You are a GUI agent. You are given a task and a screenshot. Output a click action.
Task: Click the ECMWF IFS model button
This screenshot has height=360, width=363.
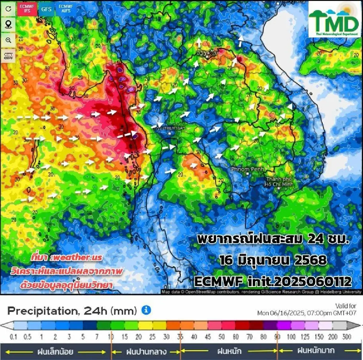(x=27, y=8)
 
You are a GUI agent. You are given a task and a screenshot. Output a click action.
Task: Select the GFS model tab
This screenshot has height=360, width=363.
(x=46, y=9)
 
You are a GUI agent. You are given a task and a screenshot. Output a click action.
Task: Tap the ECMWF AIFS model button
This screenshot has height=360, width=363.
(x=66, y=8)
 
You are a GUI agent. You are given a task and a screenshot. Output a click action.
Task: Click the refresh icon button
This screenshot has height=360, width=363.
(x=8, y=8)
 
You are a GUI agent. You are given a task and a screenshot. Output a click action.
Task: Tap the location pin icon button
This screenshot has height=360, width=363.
(x=8, y=24)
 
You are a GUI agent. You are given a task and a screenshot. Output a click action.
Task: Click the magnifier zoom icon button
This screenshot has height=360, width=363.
(x=8, y=40)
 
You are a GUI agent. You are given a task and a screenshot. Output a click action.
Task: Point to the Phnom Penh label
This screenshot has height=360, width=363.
(x=247, y=169)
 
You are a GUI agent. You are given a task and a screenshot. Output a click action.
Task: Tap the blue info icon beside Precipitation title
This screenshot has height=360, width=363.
(x=146, y=310)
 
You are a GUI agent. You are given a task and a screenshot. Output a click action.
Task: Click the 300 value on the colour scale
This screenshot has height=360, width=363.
(x=347, y=336)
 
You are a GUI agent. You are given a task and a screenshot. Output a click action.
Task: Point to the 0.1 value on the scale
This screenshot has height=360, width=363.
(x=13, y=336)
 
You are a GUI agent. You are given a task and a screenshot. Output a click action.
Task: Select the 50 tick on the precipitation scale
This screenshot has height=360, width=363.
(x=222, y=336)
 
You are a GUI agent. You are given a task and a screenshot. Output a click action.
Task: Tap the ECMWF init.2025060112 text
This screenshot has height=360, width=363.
(x=273, y=282)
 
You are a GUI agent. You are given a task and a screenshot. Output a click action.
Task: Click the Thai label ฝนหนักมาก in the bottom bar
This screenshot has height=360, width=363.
(x=316, y=351)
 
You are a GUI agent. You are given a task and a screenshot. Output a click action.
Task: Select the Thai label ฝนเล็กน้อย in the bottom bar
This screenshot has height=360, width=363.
(x=55, y=352)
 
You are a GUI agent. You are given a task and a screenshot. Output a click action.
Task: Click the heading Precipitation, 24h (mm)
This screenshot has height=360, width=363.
(x=72, y=310)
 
